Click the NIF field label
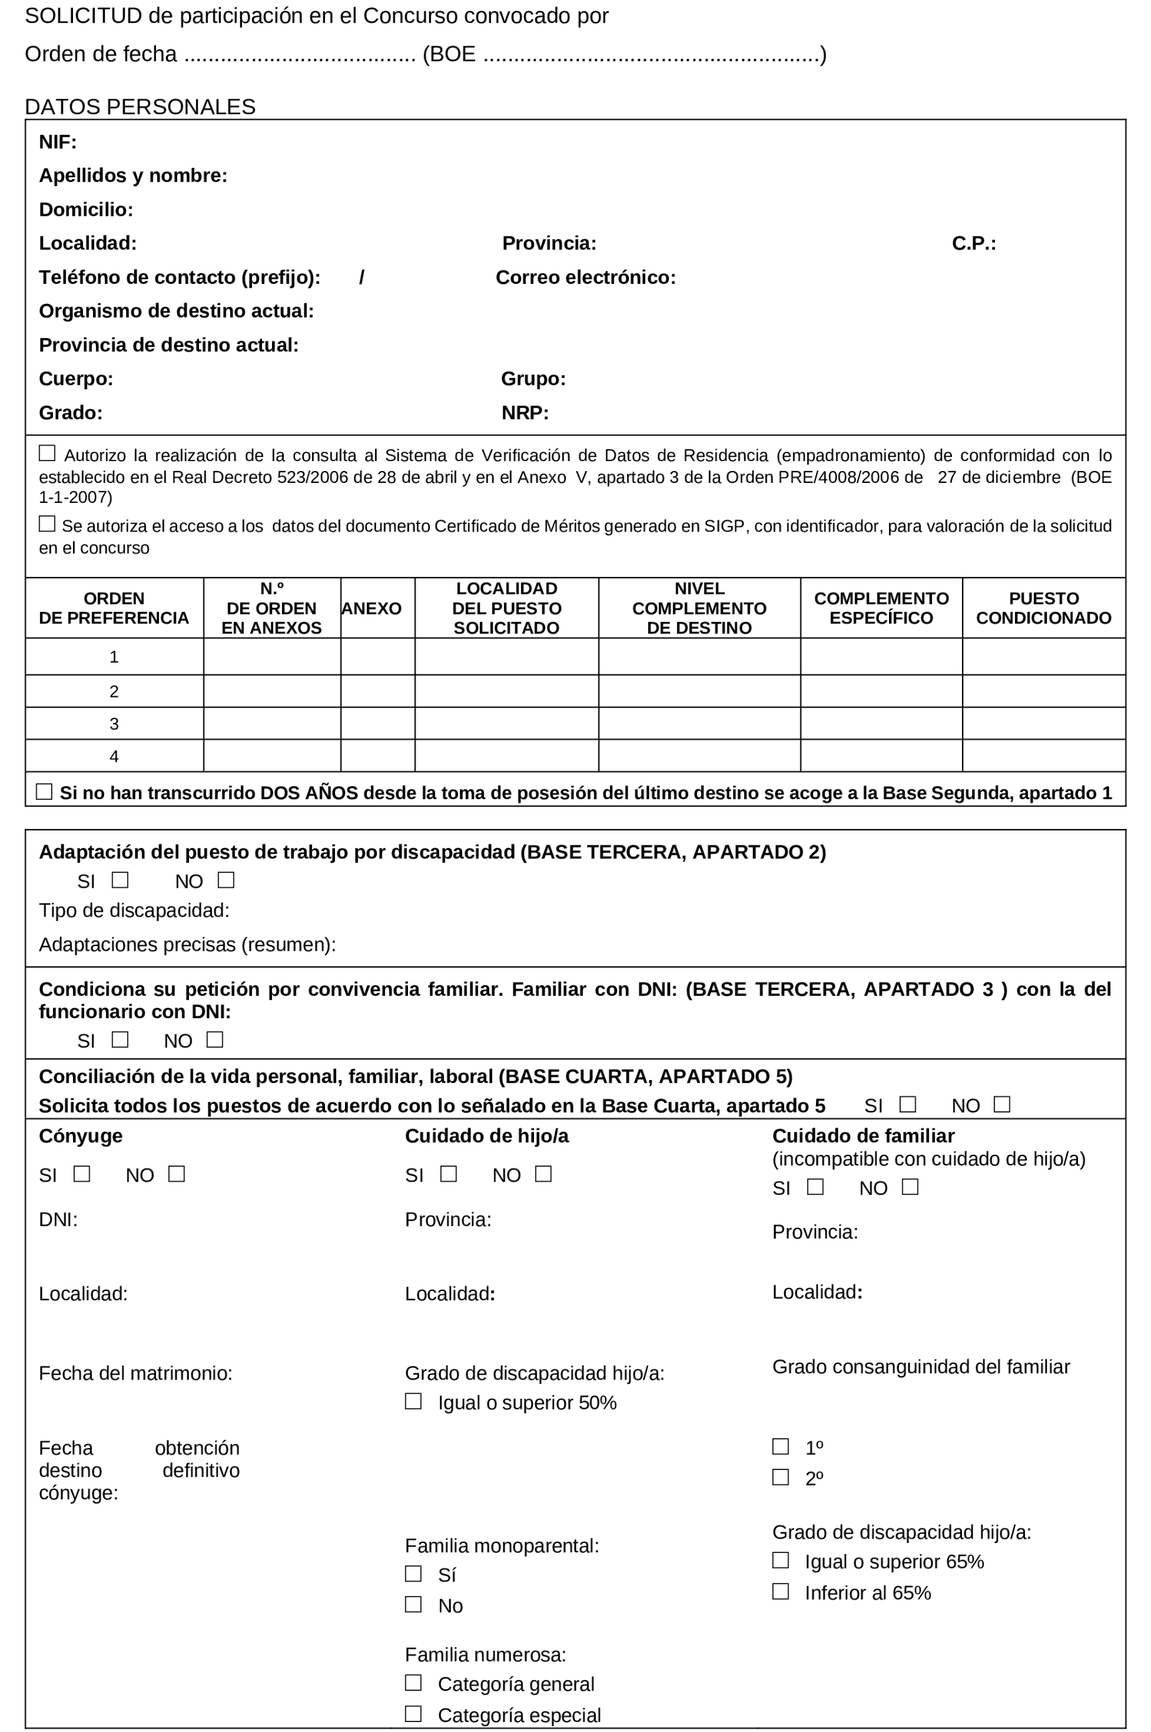(x=57, y=142)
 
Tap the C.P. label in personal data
(x=973, y=243)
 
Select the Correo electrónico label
(x=585, y=278)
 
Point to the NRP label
(x=525, y=412)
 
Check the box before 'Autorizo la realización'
(x=47, y=454)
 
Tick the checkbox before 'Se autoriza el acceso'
(x=47, y=523)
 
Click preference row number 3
(x=114, y=724)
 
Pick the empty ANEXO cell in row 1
(x=377, y=656)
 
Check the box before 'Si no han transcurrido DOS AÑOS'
(x=44, y=792)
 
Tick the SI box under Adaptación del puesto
(x=120, y=880)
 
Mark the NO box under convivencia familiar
(x=215, y=1039)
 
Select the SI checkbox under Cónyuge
(x=82, y=1174)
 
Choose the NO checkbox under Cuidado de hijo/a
(x=543, y=1174)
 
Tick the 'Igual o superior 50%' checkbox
(x=413, y=1401)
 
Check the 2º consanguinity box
(x=780, y=1476)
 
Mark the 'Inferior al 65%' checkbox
(x=780, y=1591)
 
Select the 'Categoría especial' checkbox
(x=413, y=1714)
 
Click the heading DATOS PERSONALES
(x=140, y=107)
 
